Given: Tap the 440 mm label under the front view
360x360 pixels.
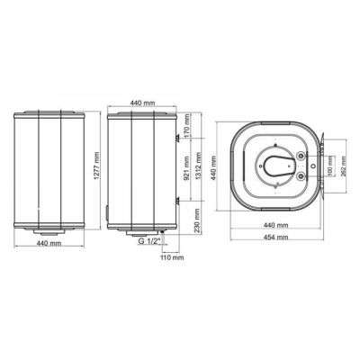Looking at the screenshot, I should point(48,244).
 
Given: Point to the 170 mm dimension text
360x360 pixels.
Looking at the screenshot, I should point(185,128).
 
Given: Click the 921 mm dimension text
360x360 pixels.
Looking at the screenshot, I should point(185,166).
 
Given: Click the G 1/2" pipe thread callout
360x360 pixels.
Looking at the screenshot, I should point(149,242).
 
